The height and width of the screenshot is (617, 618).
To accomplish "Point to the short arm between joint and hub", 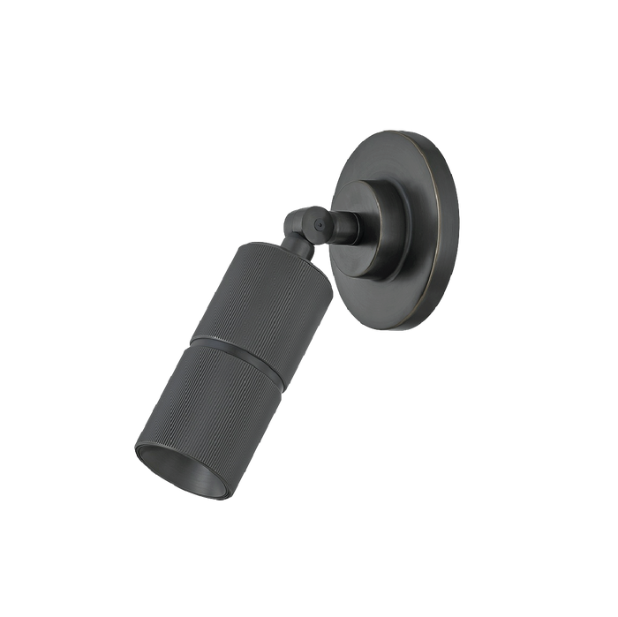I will point(346,227).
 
